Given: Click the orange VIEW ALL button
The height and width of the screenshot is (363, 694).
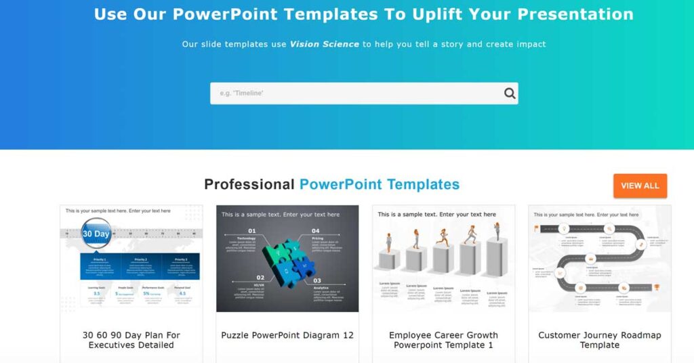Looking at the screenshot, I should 640,186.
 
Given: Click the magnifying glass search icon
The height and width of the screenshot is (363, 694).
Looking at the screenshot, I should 510,93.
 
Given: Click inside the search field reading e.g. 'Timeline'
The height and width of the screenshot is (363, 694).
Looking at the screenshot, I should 352,93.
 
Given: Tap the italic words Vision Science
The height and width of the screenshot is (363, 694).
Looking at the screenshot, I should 324,44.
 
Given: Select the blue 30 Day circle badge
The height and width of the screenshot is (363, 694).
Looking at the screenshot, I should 96,234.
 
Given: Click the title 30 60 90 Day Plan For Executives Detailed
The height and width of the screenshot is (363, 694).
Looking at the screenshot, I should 131,340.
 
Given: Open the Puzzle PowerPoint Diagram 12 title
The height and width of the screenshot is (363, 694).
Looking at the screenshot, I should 287,335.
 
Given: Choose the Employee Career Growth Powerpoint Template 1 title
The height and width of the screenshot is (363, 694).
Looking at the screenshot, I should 443,340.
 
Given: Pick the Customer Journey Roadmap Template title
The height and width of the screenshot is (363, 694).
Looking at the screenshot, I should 600,340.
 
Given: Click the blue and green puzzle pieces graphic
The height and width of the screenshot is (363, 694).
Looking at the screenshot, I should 287,261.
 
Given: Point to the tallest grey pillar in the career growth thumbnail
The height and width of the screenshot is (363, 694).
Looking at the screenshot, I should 494,257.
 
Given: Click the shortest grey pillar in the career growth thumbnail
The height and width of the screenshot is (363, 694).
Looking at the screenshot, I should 388,261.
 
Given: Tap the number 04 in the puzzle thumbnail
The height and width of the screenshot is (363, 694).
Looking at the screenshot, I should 316,231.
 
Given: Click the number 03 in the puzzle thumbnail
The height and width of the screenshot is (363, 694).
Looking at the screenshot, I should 317,280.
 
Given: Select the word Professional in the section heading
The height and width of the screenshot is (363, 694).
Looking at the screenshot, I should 249,184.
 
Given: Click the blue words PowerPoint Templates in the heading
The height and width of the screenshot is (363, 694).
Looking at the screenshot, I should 380,184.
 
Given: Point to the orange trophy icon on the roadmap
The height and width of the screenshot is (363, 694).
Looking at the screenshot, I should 656,287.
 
